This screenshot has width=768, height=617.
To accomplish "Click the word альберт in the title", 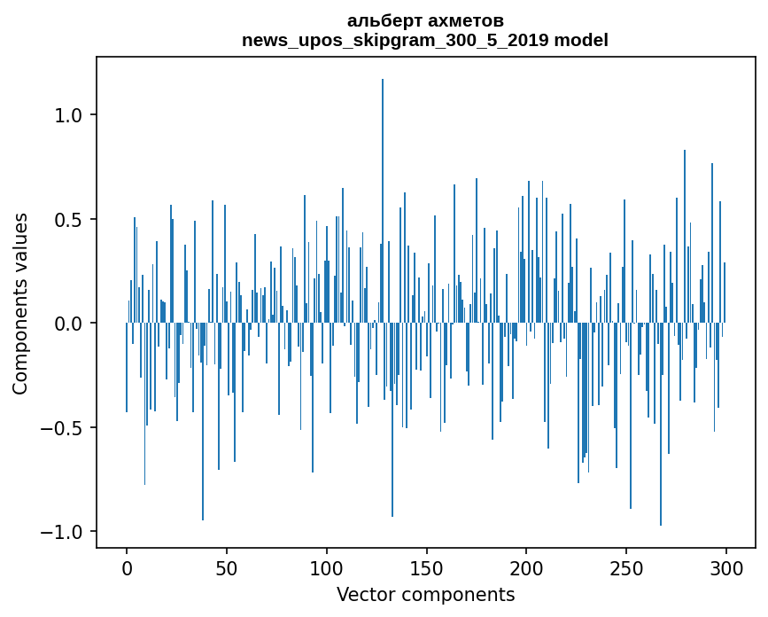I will tap(380, 20).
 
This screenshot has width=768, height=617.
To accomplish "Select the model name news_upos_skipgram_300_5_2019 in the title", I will tap(395, 40).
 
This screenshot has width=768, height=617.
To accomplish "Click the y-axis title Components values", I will tap(20, 303).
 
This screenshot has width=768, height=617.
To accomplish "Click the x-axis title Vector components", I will tap(425, 594).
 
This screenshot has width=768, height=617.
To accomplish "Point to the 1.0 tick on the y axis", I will tap(67, 115).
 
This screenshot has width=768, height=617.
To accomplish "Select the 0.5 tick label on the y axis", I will tap(67, 220).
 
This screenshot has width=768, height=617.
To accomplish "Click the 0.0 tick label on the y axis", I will tap(67, 324).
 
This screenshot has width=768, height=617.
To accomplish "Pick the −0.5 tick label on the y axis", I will tap(61, 428).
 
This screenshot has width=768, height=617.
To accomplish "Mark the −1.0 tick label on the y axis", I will tap(61, 532).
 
